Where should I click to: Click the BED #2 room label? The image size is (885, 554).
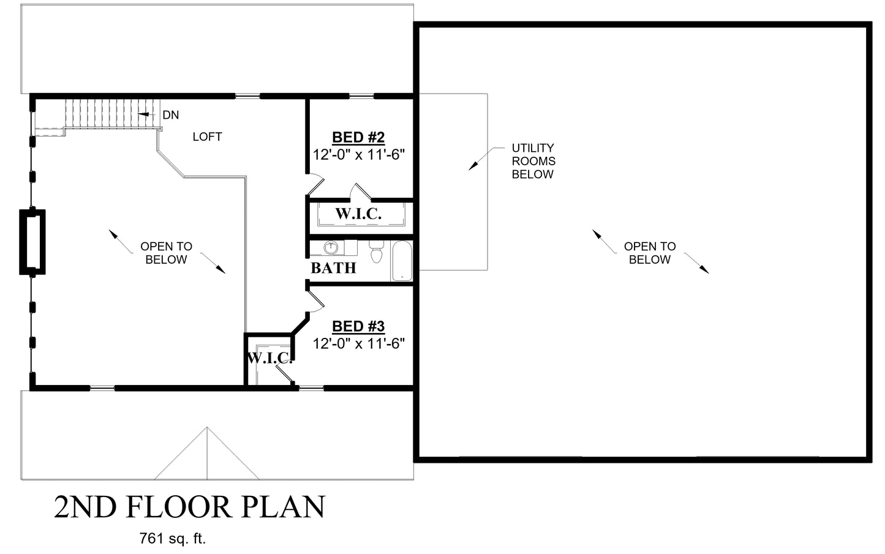[x=358, y=137]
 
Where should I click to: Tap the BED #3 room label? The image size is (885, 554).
[x=358, y=326]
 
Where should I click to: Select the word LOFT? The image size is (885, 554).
[x=208, y=137]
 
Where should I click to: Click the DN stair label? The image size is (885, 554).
[x=171, y=115]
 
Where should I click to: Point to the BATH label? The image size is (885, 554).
[x=334, y=268]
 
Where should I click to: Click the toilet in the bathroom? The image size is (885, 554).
[x=377, y=251]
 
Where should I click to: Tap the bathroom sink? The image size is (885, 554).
[x=330, y=248]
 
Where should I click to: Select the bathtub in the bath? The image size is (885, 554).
[x=402, y=261]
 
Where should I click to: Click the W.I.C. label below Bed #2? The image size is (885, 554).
[x=358, y=214]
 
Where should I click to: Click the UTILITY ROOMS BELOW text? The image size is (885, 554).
[x=533, y=161]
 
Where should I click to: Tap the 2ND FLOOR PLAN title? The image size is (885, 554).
[x=190, y=507]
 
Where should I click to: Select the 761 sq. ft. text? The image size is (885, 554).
[x=173, y=539]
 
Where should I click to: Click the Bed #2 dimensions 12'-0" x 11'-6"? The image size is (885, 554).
[x=359, y=154]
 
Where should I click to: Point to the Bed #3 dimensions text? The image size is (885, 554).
[x=359, y=343]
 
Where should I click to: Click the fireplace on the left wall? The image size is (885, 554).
[x=32, y=242]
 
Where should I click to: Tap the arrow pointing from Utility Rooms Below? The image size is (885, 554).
[x=486, y=159]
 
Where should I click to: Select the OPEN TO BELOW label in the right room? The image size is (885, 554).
[x=650, y=253]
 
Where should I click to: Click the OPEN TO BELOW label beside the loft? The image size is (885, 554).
[x=167, y=253]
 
